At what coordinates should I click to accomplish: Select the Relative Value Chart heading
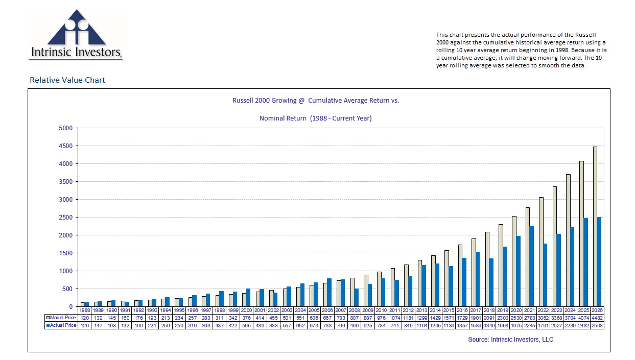tap(67, 80)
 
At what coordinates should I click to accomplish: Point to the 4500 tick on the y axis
tap(65, 146)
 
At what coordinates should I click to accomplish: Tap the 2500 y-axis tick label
tap(65, 218)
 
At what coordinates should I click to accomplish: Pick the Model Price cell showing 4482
tap(597, 318)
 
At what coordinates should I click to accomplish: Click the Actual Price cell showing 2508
tap(597, 325)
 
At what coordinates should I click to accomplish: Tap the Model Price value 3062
tap(543, 318)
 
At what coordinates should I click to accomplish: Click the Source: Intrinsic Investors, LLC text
tap(510, 340)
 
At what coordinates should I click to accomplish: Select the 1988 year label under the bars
tap(85, 310)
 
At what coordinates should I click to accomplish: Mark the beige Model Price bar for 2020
tap(514, 261)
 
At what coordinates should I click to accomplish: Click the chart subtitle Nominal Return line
tap(315, 118)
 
